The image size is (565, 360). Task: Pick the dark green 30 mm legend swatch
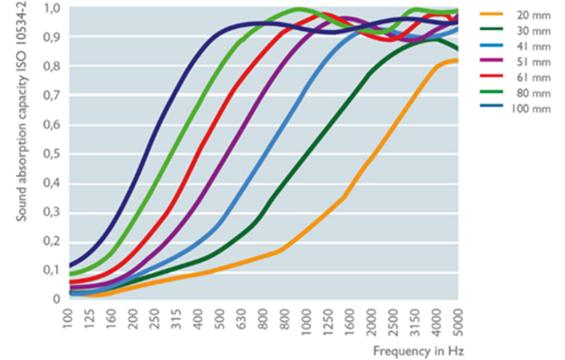pyautogui.click(x=492, y=31)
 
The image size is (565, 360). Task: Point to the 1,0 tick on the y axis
pyautogui.click(x=53, y=8)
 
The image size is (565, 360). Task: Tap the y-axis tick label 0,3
pyautogui.click(x=53, y=212)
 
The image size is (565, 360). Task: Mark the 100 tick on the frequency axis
pyautogui.click(x=68, y=319)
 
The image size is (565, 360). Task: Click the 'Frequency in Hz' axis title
pyautogui.click(x=418, y=351)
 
